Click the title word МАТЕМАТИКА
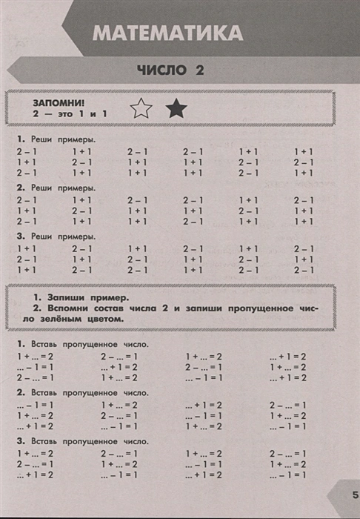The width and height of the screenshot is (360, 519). (x=169, y=33)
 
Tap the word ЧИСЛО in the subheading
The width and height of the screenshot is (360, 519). (x=160, y=70)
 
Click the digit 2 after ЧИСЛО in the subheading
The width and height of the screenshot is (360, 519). (x=199, y=70)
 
